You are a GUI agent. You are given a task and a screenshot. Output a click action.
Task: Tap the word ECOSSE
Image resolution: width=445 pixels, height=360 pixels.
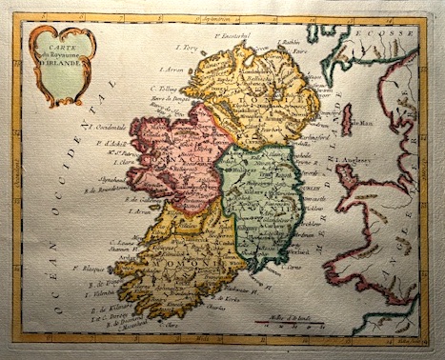[x=395, y=33]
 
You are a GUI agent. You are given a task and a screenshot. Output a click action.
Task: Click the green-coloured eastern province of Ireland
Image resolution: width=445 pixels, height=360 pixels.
[x=252, y=200]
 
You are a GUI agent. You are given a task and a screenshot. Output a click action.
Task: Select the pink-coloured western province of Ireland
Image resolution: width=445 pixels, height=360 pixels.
[x=181, y=157]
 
